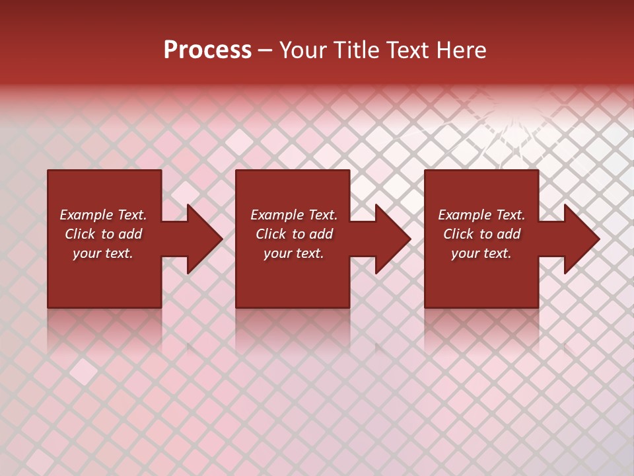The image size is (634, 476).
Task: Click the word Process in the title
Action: (x=207, y=50)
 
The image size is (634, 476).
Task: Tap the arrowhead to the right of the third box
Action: (x=581, y=239)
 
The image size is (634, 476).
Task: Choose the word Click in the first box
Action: (x=81, y=234)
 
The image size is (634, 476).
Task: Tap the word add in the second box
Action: (x=321, y=234)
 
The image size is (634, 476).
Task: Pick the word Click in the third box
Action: (x=459, y=234)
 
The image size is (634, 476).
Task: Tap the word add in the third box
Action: (x=509, y=234)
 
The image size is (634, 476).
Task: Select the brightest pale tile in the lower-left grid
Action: (x=83, y=372)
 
